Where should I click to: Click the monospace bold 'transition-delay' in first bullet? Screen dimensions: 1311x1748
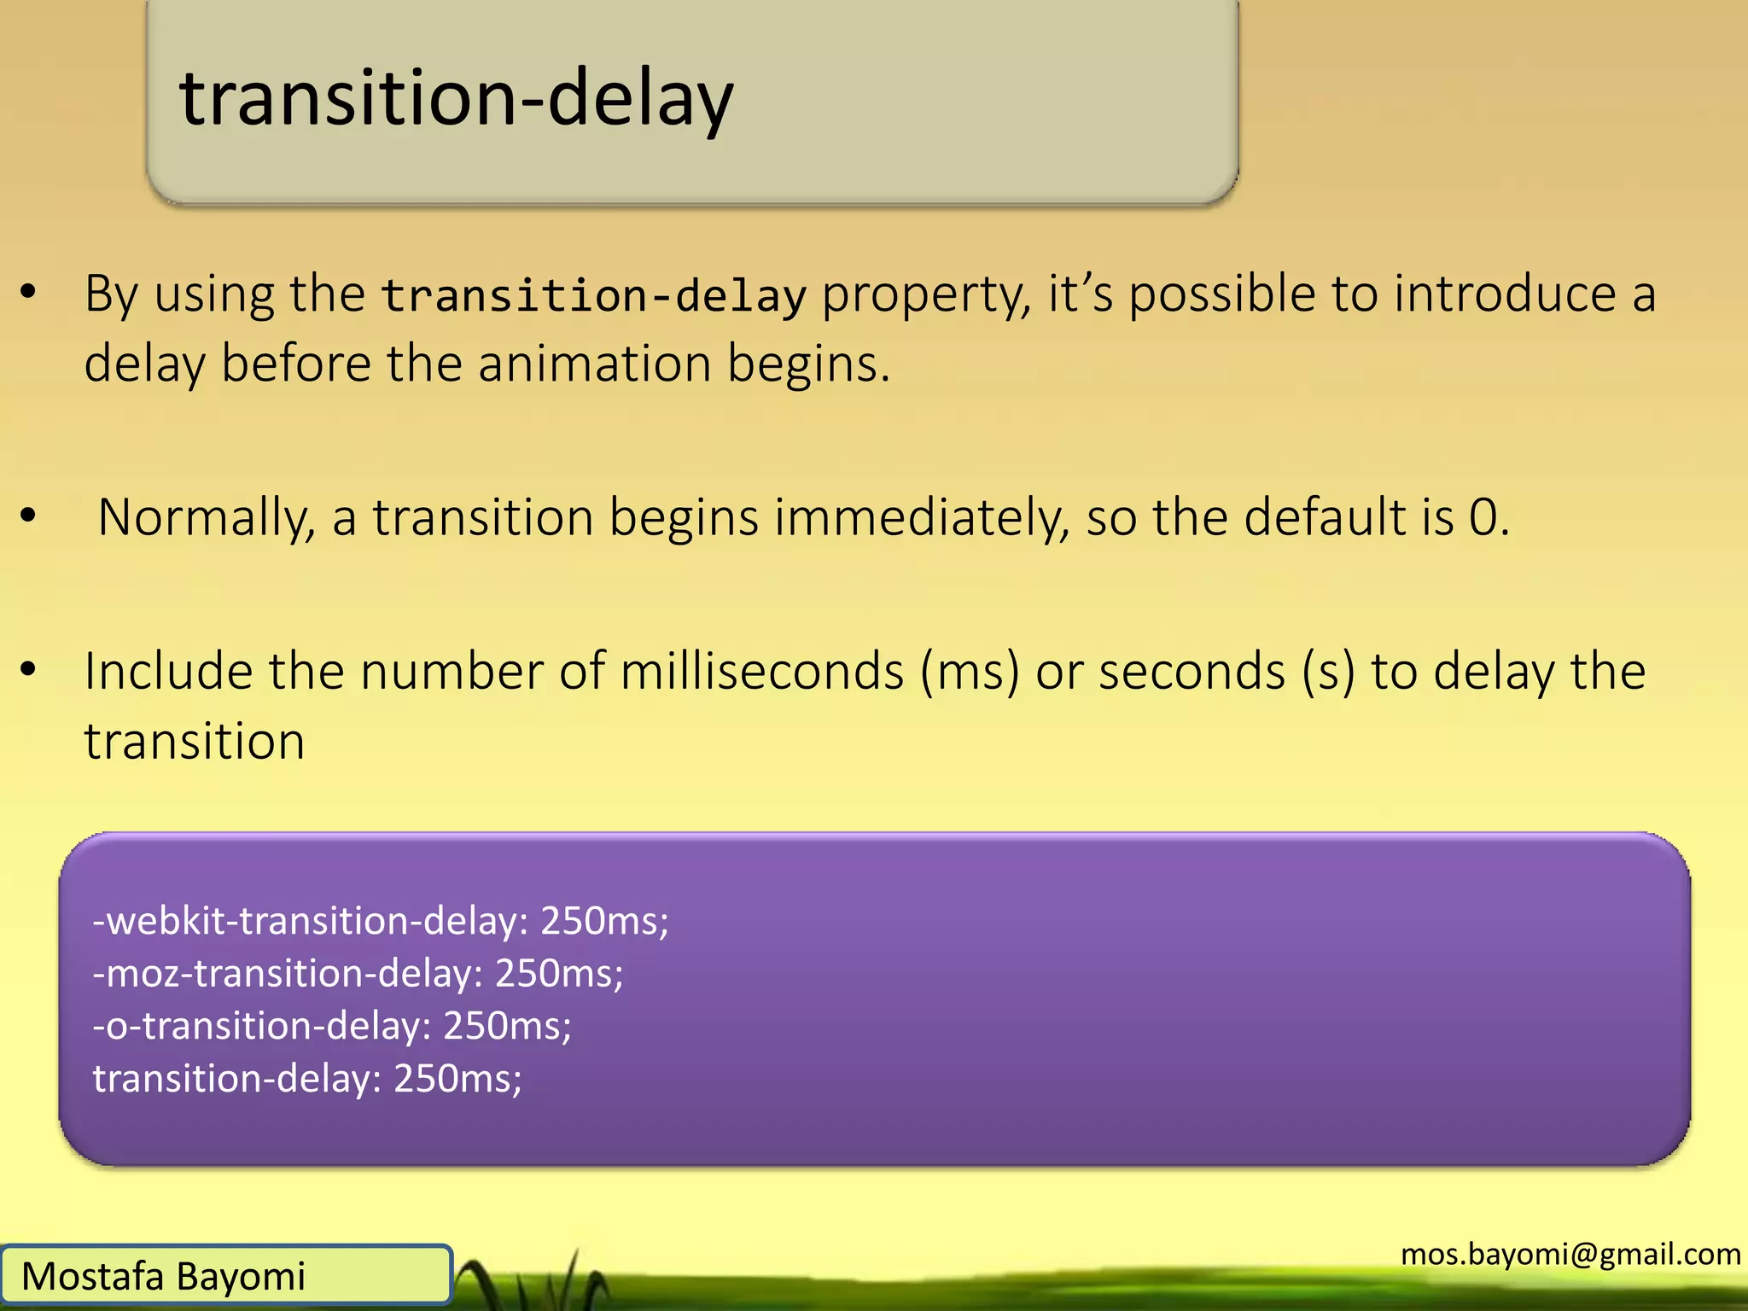point(593,296)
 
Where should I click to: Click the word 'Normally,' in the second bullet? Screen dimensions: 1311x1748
point(207,518)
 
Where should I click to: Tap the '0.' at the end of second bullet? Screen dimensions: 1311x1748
point(1489,518)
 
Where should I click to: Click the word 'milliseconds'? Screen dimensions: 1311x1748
point(761,672)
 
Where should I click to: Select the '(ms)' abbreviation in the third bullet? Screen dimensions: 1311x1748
point(970,672)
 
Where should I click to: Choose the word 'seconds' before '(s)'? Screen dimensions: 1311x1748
point(1192,672)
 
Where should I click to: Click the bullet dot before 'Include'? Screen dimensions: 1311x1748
point(29,669)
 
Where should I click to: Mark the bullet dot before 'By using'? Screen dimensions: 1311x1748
point(29,293)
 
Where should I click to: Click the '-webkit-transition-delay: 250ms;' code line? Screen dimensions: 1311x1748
point(381,921)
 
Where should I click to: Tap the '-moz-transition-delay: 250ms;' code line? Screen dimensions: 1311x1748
point(358,974)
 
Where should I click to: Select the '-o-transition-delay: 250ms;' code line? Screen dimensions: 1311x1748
point(332,1026)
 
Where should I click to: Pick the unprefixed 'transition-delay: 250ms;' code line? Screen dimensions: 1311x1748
point(307,1079)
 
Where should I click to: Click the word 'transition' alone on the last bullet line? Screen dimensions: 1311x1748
point(195,741)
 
